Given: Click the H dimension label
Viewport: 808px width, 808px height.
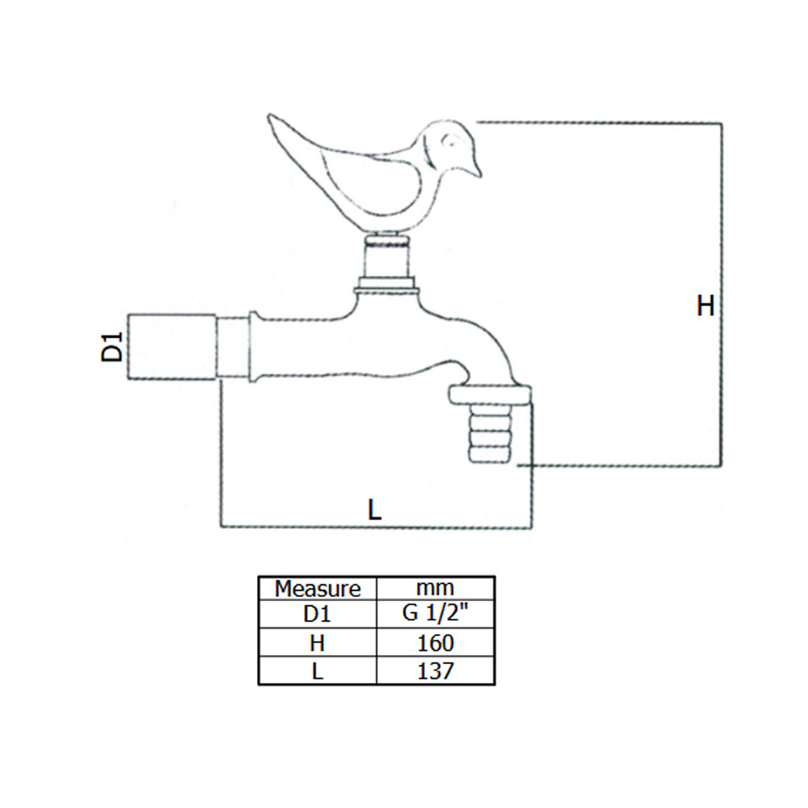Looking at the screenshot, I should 705,306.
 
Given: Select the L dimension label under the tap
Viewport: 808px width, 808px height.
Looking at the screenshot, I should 374,510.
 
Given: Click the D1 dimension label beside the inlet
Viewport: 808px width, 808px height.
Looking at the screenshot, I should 113,346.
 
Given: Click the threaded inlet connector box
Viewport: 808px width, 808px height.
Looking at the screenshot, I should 172,345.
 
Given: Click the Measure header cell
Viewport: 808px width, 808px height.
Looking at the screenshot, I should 318,587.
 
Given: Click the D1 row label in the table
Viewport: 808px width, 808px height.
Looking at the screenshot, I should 318,615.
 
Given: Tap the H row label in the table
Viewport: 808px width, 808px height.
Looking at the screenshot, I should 318,643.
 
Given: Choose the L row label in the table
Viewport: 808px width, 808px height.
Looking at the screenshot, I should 318,671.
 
